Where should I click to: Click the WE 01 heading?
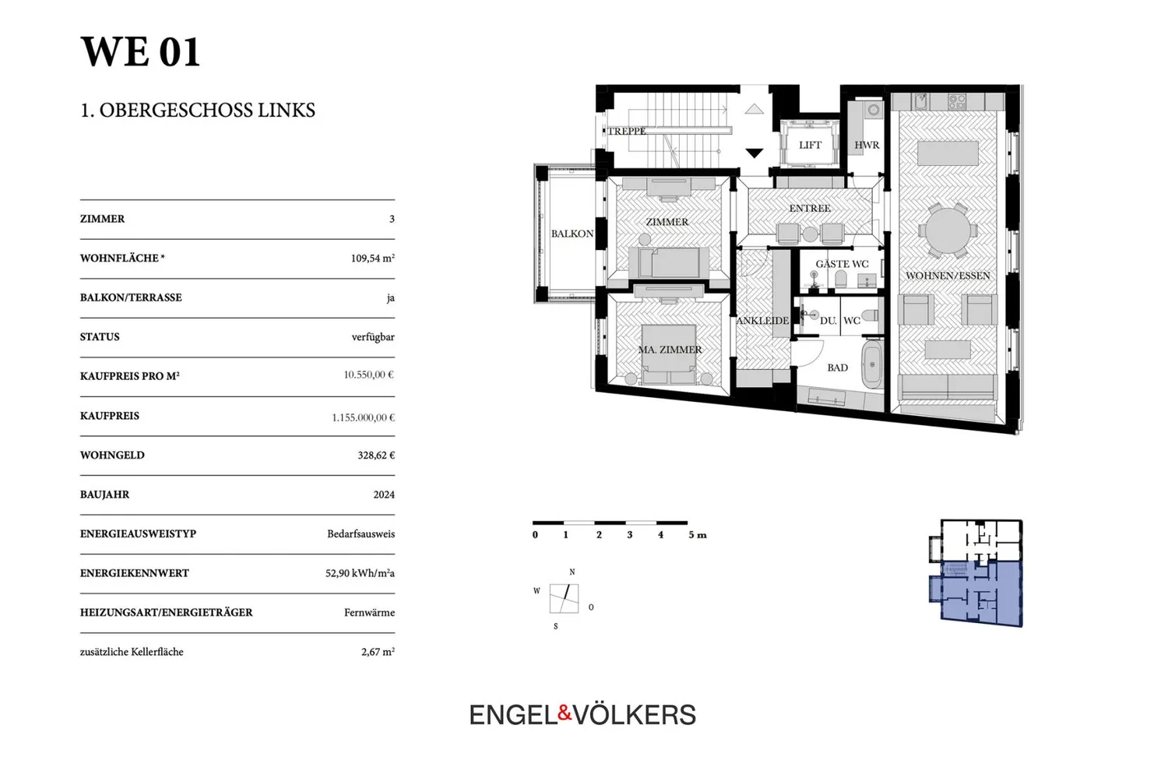(x=140, y=51)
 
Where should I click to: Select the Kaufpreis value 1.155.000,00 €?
(x=363, y=417)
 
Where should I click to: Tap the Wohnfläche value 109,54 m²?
(x=372, y=258)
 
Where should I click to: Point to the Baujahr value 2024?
(x=384, y=495)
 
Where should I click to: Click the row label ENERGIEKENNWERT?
(x=135, y=573)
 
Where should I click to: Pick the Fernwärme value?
(x=369, y=613)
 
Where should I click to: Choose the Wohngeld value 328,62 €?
(x=376, y=455)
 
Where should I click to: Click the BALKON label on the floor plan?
(x=572, y=234)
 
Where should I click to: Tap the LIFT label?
(x=810, y=145)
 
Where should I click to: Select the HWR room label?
(x=867, y=145)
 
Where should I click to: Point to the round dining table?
(x=948, y=230)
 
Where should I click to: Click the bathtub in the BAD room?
(x=872, y=365)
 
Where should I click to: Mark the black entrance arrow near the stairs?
(x=754, y=153)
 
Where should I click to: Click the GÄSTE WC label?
(x=842, y=264)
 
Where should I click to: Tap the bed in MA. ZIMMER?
(x=669, y=354)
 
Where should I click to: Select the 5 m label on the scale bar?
(x=698, y=535)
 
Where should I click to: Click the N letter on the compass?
(x=572, y=572)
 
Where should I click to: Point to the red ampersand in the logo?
(x=565, y=713)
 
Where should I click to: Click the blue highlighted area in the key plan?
(x=980, y=593)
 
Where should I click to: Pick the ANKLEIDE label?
(x=762, y=321)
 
